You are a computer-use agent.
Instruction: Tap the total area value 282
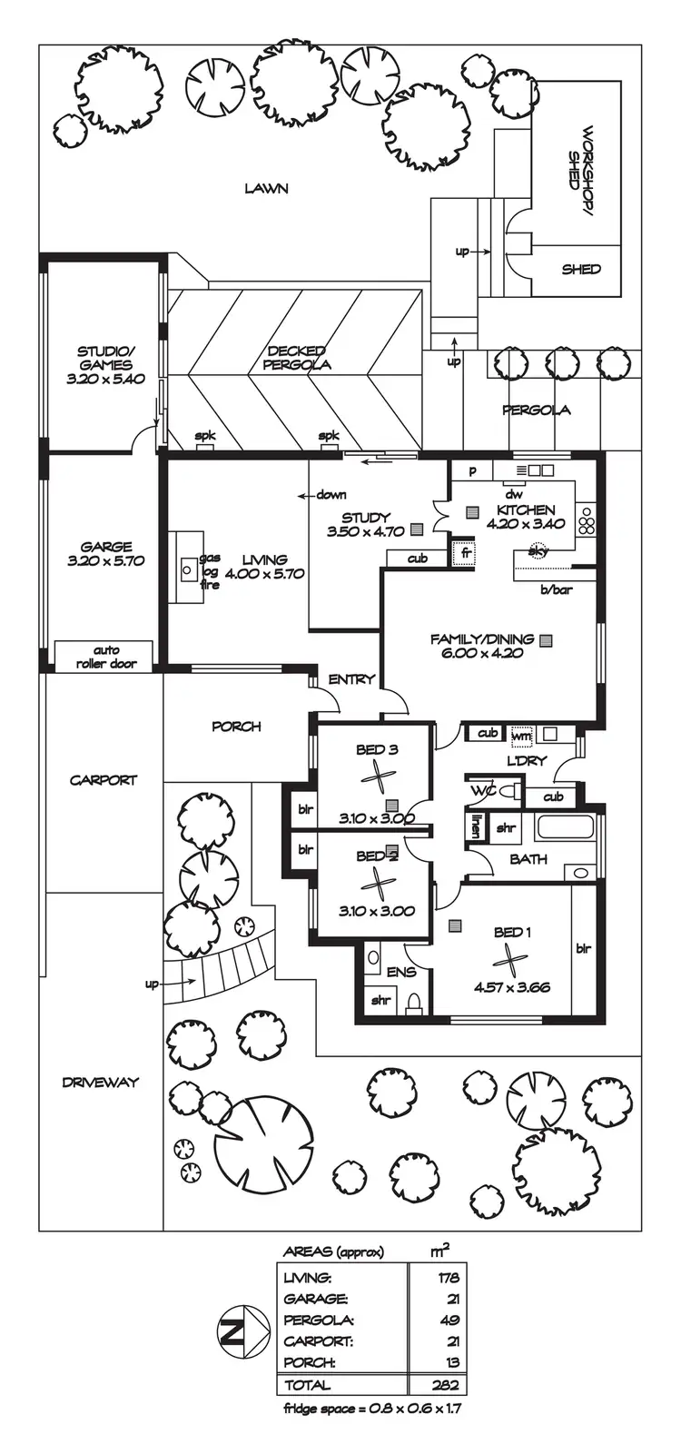(447, 1385)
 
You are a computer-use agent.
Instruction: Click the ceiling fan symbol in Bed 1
(509, 959)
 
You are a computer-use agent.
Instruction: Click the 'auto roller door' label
(106, 657)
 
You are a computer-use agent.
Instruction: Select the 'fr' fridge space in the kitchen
(464, 552)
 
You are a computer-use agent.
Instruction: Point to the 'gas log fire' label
(210, 571)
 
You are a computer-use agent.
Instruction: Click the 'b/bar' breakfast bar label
(557, 590)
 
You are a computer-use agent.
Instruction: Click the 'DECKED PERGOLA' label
(297, 357)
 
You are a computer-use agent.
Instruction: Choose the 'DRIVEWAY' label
(101, 1082)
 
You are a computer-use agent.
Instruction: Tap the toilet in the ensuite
(413, 1003)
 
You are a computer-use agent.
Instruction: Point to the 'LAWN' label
(266, 188)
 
